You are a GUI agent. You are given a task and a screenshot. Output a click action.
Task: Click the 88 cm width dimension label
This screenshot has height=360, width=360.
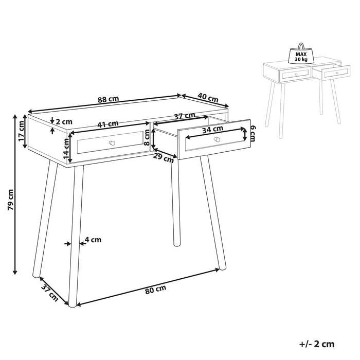(x=111, y=100)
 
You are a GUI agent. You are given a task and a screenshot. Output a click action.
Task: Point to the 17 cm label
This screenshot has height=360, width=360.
(x=21, y=132)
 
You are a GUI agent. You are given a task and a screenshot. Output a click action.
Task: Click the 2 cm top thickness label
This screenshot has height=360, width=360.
(x=63, y=122)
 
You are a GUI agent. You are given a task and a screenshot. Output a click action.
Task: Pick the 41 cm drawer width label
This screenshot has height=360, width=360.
(x=108, y=123)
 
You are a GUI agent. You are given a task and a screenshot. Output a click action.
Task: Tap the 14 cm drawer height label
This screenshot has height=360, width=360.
(x=66, y=148)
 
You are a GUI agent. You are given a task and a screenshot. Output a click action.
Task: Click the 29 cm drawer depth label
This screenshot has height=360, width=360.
(x=164, y=158)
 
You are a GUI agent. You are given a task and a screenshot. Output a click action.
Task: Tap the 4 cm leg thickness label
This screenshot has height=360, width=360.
(x=93, y=239)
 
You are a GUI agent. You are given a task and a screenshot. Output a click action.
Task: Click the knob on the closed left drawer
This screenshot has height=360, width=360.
(x=112, y=142)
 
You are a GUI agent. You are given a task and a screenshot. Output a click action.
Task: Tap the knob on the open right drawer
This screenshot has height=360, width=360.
(x=217, y=139)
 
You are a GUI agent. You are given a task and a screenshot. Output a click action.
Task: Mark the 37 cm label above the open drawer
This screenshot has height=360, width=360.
(x=184, y=117)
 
